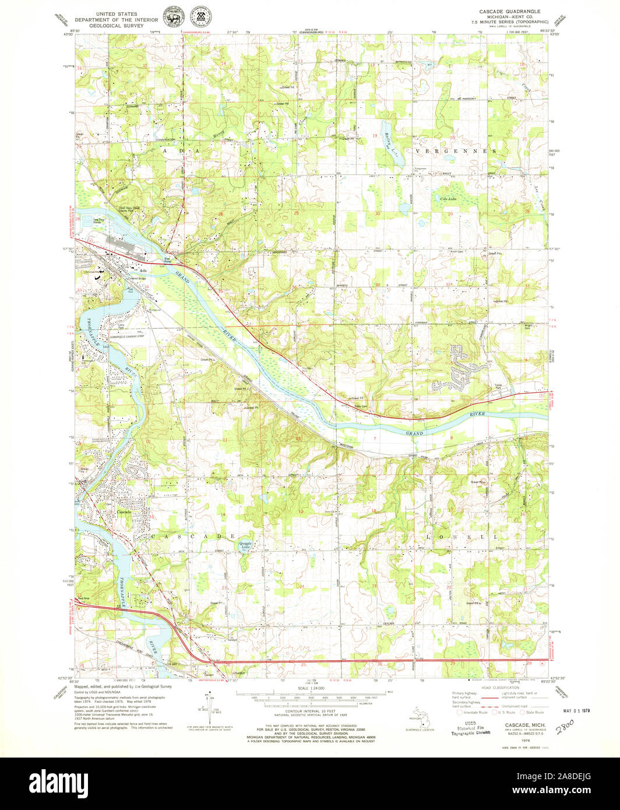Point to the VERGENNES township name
point(456,151)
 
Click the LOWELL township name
point(463,536)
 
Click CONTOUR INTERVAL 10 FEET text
point(309,712)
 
